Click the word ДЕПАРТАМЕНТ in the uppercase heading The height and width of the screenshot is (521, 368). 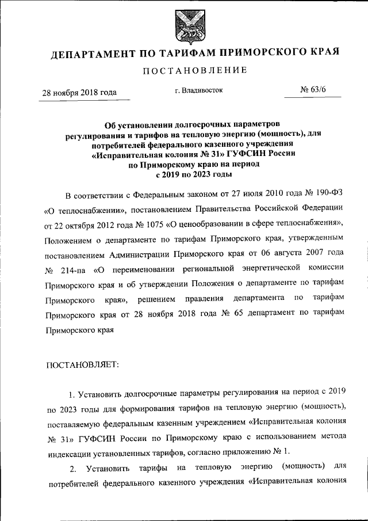93,55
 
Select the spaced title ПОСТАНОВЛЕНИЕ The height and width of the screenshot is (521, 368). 183,70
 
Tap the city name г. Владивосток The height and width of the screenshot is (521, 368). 198,90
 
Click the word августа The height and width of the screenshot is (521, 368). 281,253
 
